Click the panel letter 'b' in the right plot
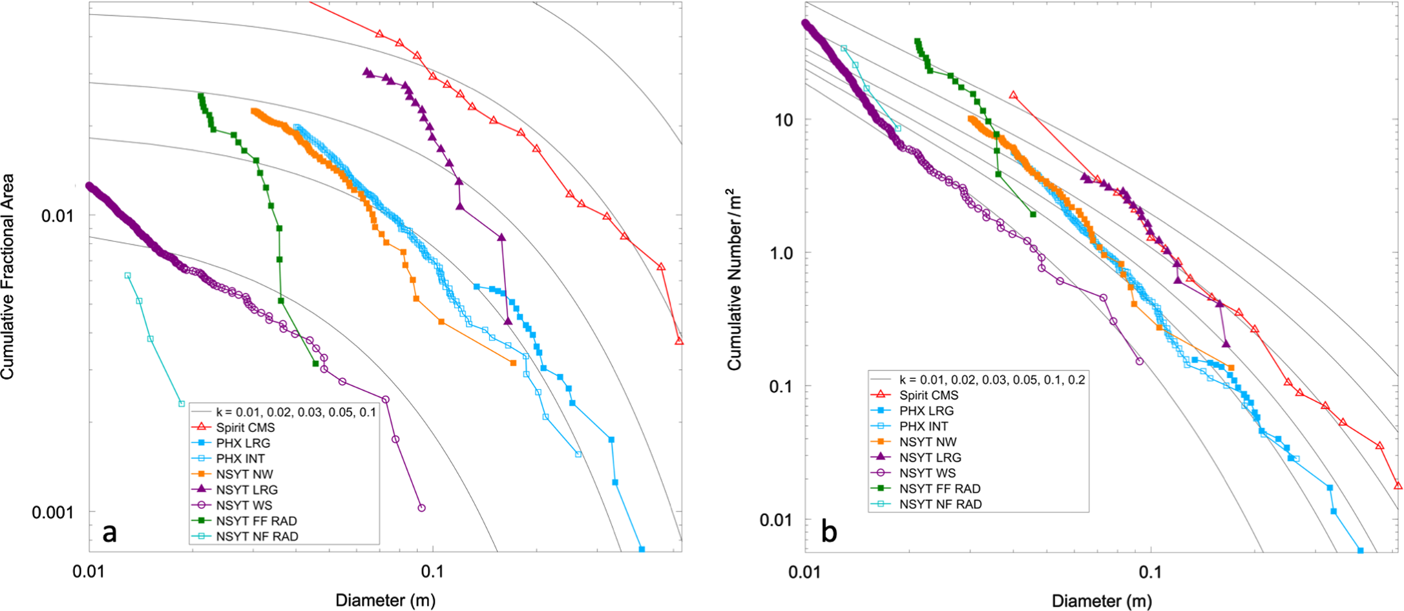click(829, 532)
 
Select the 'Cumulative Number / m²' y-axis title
click(735, 279)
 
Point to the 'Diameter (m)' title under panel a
click(385, 600)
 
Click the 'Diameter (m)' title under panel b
click(1102, 600)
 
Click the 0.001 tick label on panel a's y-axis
click(53, 512)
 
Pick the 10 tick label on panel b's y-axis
click(784, 120)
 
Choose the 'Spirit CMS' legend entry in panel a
click(245, 427)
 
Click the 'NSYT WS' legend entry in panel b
click(927, 473)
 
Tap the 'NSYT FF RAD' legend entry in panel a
click(256, 521)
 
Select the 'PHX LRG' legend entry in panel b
click(926, 411)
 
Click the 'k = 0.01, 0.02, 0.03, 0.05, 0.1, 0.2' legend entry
click(992, 380)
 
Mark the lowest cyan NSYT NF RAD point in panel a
click(182, 404)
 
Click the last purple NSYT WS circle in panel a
click(421, 508)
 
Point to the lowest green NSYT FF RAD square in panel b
click(1033, 214)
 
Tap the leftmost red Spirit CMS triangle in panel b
click(1013, 95)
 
